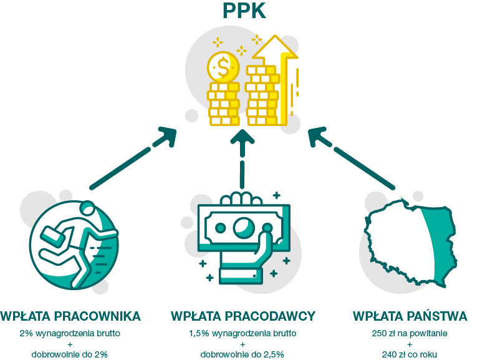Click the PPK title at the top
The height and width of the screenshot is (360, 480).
244,11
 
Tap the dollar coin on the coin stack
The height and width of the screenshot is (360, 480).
223,67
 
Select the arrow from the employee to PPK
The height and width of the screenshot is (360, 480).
133,158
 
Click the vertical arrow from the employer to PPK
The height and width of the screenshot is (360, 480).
242,158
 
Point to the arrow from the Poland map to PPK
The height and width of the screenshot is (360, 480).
352,158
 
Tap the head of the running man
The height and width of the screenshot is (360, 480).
87,209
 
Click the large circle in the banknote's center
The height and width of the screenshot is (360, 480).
244,228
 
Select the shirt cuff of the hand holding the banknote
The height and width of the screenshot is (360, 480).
241,275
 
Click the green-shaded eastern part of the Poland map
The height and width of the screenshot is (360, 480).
438,242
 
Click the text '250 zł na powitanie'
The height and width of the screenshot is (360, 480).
410,333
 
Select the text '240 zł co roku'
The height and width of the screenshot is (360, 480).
410,354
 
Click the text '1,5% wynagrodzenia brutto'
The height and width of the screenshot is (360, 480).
242,333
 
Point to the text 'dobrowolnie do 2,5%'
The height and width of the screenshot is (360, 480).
242,354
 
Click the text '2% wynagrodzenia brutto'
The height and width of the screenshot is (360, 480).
70,333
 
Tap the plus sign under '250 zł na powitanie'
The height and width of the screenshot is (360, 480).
410,344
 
